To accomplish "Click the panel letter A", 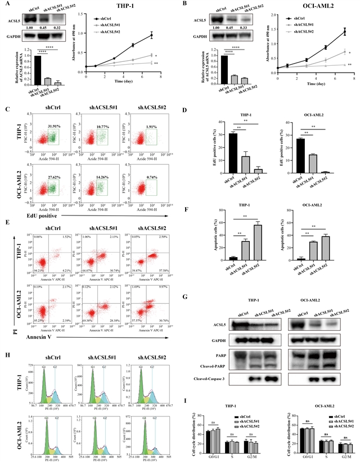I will [6, 5].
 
